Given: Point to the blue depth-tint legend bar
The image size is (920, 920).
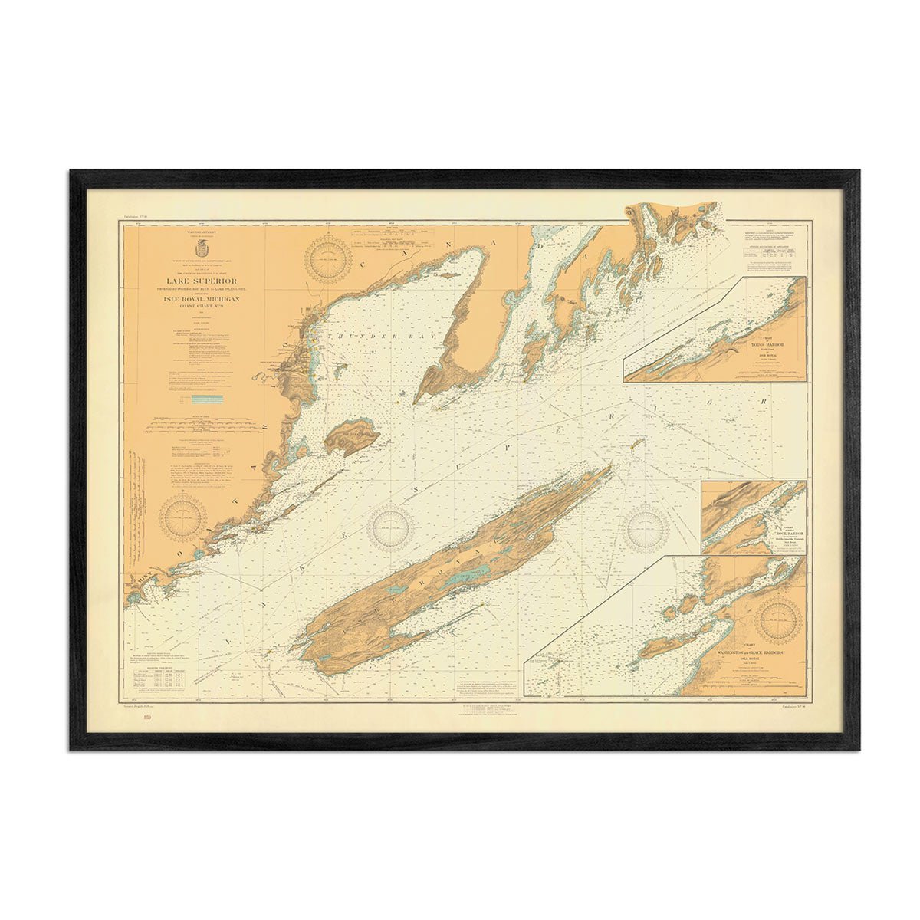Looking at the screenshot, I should coord(208,399).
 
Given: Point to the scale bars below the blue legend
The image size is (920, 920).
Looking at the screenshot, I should coord(201,421).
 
